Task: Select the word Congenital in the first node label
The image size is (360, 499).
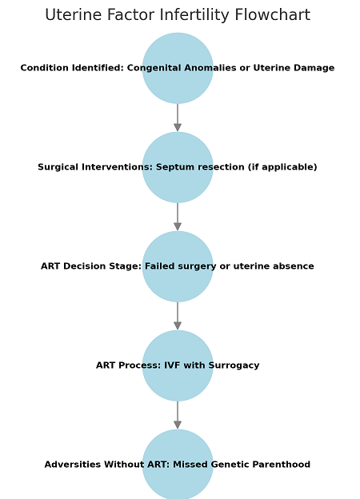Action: pos(154,68)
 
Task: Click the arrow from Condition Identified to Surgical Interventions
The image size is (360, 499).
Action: pos(178,118)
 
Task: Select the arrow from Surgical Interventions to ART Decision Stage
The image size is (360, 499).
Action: pos(178,217)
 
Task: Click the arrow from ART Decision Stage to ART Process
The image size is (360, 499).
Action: pos(178,316)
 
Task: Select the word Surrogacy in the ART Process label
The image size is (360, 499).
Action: pos(234,365)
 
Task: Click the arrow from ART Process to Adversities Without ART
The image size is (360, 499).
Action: pos(178,415)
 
